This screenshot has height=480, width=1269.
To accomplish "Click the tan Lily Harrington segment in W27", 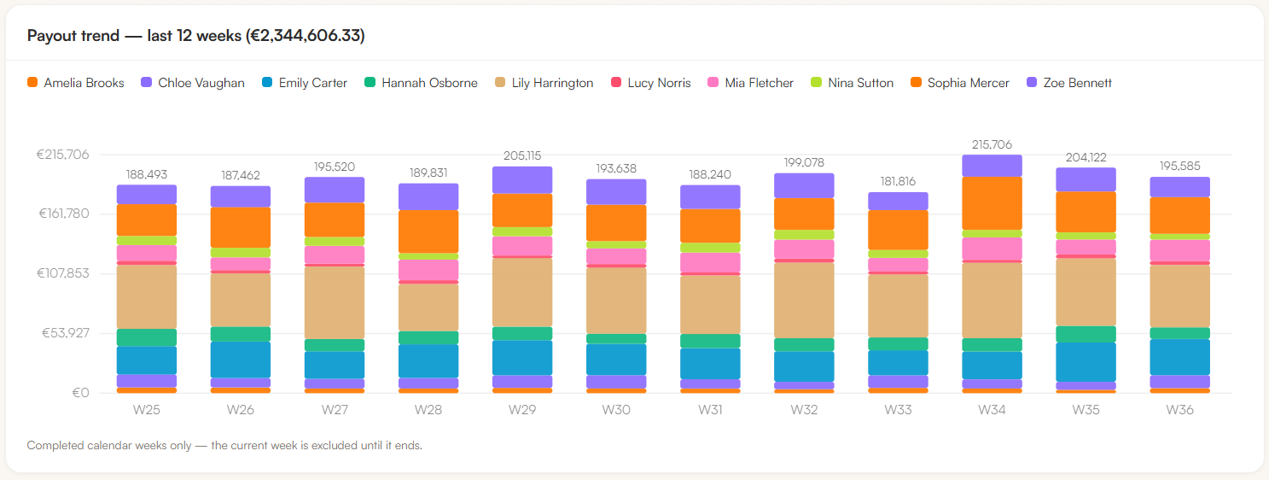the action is pos(335,302).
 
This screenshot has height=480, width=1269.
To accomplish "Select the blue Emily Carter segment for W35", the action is pos(1086,362).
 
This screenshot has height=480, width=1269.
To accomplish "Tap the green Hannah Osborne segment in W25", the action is pos(147,337).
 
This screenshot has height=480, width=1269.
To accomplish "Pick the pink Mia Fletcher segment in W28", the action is pos(428,270).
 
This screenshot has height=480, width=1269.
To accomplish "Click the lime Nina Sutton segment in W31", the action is pos(710,248).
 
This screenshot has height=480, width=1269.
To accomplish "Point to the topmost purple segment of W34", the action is pos(992,166).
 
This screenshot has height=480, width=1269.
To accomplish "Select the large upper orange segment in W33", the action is pos(898,230).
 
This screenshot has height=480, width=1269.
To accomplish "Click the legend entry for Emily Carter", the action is pos(304,83).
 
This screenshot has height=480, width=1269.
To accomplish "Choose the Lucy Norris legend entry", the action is pos(651,83).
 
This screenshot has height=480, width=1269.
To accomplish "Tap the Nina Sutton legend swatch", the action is pos(817,83).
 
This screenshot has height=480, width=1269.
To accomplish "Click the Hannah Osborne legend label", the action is pos(429,83).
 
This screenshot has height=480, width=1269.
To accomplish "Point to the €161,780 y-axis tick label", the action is pos(63,214).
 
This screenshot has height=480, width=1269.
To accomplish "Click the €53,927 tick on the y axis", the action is pos(65,332).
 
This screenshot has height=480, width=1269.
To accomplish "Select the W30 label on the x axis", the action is pos(616,410).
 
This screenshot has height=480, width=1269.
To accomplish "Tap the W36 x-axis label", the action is pos(1179,410).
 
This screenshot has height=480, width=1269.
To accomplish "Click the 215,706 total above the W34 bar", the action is pos(992,144).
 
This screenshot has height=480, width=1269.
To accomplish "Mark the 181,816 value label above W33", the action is pos(898,181).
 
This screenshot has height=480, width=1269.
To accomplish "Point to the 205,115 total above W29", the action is pos(522,155).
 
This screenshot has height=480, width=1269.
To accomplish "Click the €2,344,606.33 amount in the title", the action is pos(306,36).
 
